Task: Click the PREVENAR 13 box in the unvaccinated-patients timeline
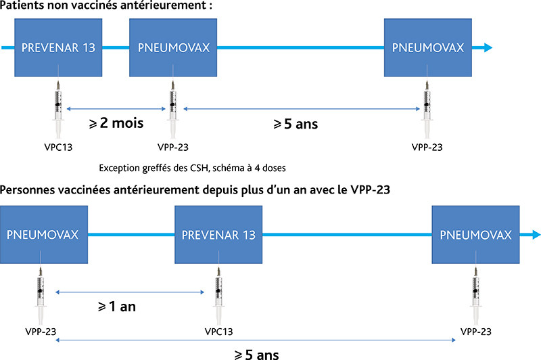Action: (58, 47)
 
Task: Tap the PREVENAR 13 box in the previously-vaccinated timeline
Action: (218, 235)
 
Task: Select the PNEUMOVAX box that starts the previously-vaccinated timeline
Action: (44, 235)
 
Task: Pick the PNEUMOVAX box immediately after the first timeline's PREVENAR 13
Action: (173, 47)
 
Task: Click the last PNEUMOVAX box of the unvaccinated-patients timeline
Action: (428, 47)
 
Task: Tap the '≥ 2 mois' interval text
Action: (116, 123)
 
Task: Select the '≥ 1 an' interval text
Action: (117, 307)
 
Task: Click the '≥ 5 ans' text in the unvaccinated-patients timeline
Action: (296, 124)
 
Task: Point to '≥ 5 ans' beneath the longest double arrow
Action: (257, 355)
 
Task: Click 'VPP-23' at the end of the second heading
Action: (370, 189)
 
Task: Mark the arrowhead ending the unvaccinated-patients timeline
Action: (488, 47)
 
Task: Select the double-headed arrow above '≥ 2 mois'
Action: (116, 109)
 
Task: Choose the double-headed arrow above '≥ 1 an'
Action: (130, 292)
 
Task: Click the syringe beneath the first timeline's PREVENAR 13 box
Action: (58, 109)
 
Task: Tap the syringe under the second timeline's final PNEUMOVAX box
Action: (476, 295)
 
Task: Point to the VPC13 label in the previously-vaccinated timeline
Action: (218, 332)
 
